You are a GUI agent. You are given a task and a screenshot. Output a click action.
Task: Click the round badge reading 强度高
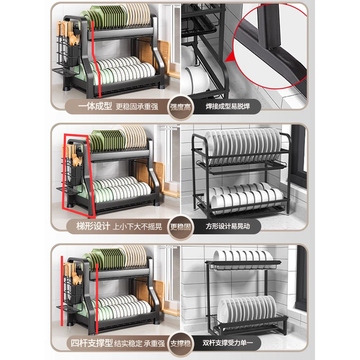[x=181, y=107]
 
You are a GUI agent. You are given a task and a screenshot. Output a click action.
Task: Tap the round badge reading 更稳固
[x=181, y=227]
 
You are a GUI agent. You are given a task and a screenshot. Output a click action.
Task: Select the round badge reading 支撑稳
[x=181, y=344]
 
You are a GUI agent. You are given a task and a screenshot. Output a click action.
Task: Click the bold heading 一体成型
[x=95, y=106]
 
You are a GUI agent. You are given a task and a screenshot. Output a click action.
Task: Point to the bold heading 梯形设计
[x=93, y=226]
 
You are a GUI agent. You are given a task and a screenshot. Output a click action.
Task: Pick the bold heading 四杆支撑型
[x=92, y=343]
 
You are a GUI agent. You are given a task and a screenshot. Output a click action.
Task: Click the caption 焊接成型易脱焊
[x=228, y=106]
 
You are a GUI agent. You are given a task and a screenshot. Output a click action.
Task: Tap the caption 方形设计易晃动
[x=228, y=226]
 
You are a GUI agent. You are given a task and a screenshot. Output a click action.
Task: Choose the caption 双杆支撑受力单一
[x=228, y=343]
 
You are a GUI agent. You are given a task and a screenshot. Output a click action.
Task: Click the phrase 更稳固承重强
[x=137, y=106]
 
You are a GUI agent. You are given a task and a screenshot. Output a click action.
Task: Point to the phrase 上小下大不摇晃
[x=137, y=227]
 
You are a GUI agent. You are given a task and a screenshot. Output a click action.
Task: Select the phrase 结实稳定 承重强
[x=139, y=344]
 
